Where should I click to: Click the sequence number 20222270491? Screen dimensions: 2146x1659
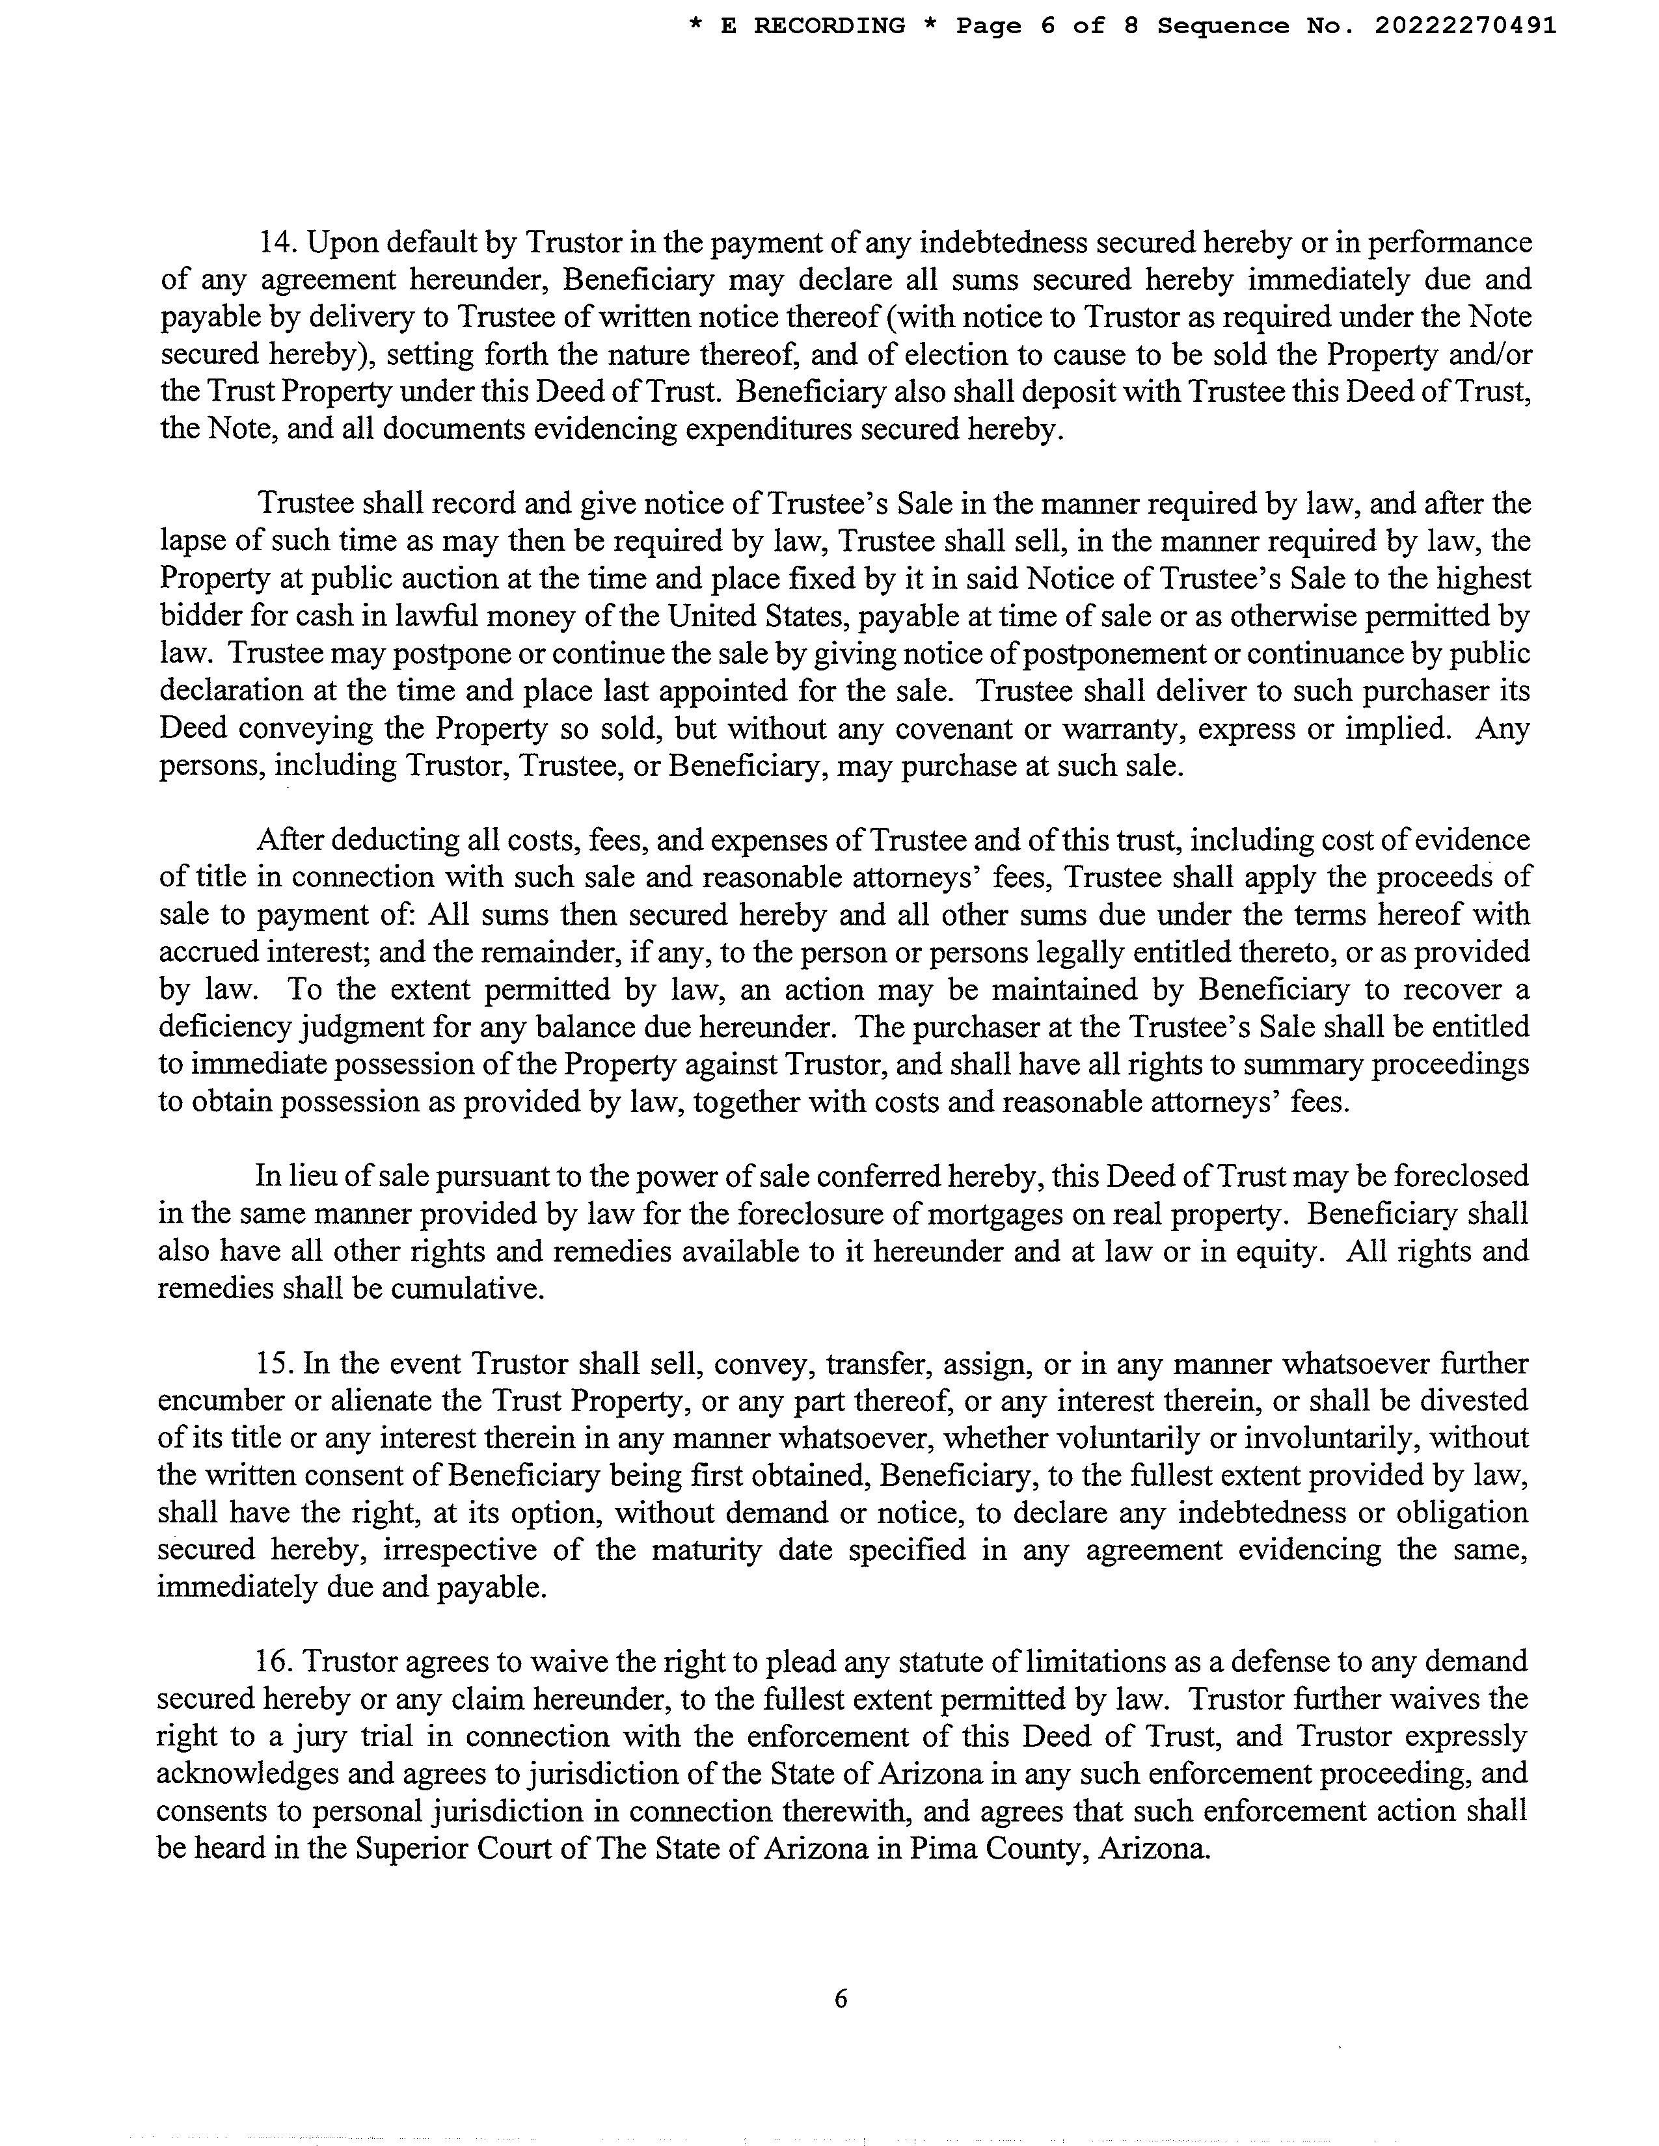(x=1465, y=27)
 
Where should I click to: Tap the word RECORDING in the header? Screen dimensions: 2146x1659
(x=829, y=27)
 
